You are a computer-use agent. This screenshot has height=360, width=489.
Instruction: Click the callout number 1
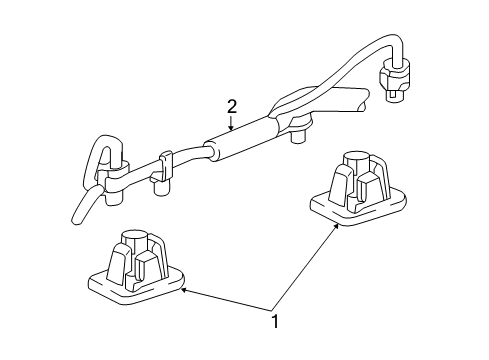(x=275, y=322)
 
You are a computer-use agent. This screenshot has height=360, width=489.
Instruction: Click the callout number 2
(x=232, y=107)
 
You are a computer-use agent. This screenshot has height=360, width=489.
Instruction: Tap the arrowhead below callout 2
(x=231, y=127)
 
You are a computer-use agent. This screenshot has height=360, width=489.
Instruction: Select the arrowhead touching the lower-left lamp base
(x=184, y=291)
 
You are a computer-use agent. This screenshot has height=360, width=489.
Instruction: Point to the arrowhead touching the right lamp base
(x=336, y=227)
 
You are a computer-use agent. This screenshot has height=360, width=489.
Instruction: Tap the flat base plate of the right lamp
(x=358, y=209)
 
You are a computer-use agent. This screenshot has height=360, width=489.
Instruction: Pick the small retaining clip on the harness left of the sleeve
(x=165, y=166)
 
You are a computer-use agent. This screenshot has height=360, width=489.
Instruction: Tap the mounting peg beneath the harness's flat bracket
(x=299, y=136)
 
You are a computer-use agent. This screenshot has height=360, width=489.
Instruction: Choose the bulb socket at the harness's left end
(x=113, y=182)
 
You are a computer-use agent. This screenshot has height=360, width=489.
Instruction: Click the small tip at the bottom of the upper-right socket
(x=393, y=96)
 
